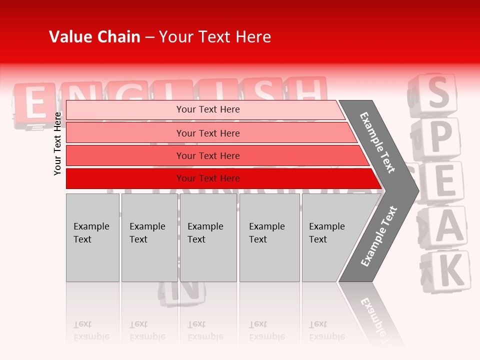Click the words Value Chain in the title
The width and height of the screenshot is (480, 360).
94,37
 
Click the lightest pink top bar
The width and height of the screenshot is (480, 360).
205,109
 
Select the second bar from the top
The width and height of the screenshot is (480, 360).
208,133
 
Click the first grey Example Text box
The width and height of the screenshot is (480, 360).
92,237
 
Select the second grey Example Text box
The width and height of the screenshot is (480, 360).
149,237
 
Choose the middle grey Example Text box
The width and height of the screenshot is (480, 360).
208,237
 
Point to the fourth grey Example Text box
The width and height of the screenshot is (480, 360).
269,237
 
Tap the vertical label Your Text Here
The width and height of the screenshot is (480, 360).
57,143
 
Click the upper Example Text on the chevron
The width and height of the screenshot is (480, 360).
377,142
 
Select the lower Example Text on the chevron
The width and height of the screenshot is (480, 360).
379,236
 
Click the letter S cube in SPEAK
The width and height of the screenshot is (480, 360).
436,93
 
